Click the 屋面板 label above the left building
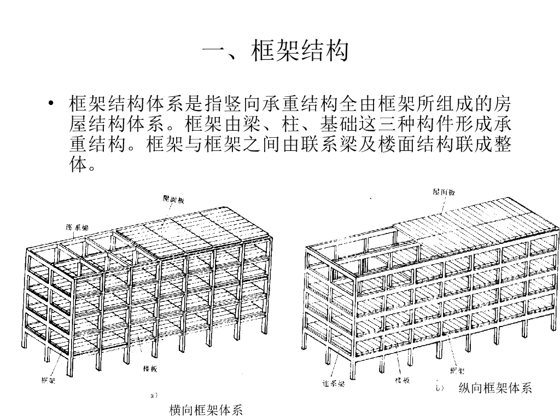pos(174,200)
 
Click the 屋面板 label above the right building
pos(444,192)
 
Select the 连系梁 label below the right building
pos(333,383)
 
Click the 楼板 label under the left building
pos(150,369)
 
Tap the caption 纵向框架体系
pos(495,389)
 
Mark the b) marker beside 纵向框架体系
pos(439,388)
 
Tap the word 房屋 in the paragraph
pos(502,103)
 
